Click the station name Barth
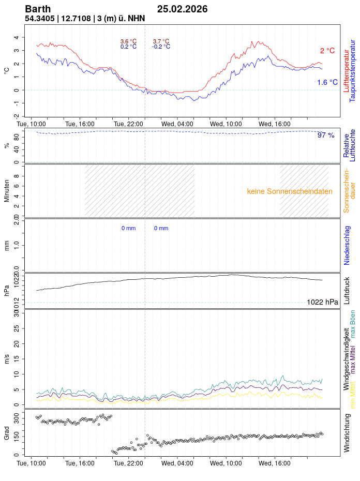pyautogui.click(x=38, y=9)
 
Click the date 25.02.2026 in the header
pyautogui.click(x=182, y=9)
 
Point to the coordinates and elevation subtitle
pyautogui.click(x=85, y=19)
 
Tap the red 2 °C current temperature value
pyautogui.click(x=327, y=51)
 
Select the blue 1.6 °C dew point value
pyautogui.click(x=327, y=82)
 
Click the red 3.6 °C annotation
pyautogui.click(x=128, y=41)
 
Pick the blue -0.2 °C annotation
pyautogui.click(x=161, y=47)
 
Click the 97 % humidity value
pyautogui.click(x=326, y=135)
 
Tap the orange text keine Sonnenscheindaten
pyautogui.click(x=290, y=191)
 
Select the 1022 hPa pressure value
pyautogui.click(x=322, y=302)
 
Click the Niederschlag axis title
pyautogui.click(x=347, y=245)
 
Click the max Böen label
pyautogui.click(x=353, y=323)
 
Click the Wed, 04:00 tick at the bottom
pyautogui.click(x=177, y=463)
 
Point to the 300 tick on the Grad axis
pyautogui.click(x=16, y=416)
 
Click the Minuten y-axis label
pyautogui.click(x=7, y=191)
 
